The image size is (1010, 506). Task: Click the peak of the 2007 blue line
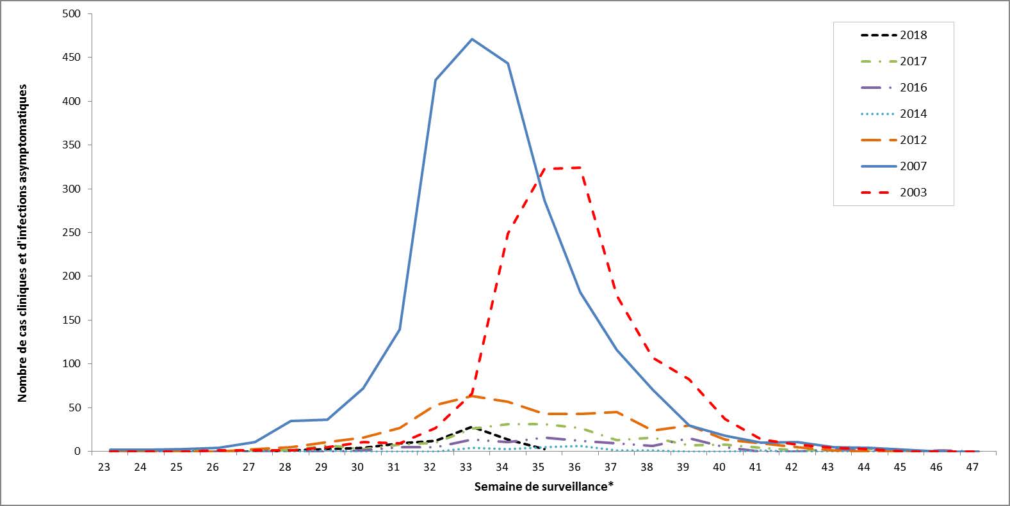[x=472, y=39]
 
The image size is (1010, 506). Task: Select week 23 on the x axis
[x=104, y=467]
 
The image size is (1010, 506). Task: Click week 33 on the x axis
[x=466, y=467]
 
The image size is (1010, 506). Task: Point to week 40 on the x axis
[x=719, y=467]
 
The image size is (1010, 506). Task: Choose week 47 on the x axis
[x=972, y=467]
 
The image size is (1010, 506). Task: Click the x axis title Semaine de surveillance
[x=544, y=487]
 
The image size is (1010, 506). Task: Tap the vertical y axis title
[x=23, y=242]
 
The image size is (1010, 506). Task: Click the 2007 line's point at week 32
[x=436, y=80]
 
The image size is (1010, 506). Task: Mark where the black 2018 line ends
[x=544, y=449]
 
